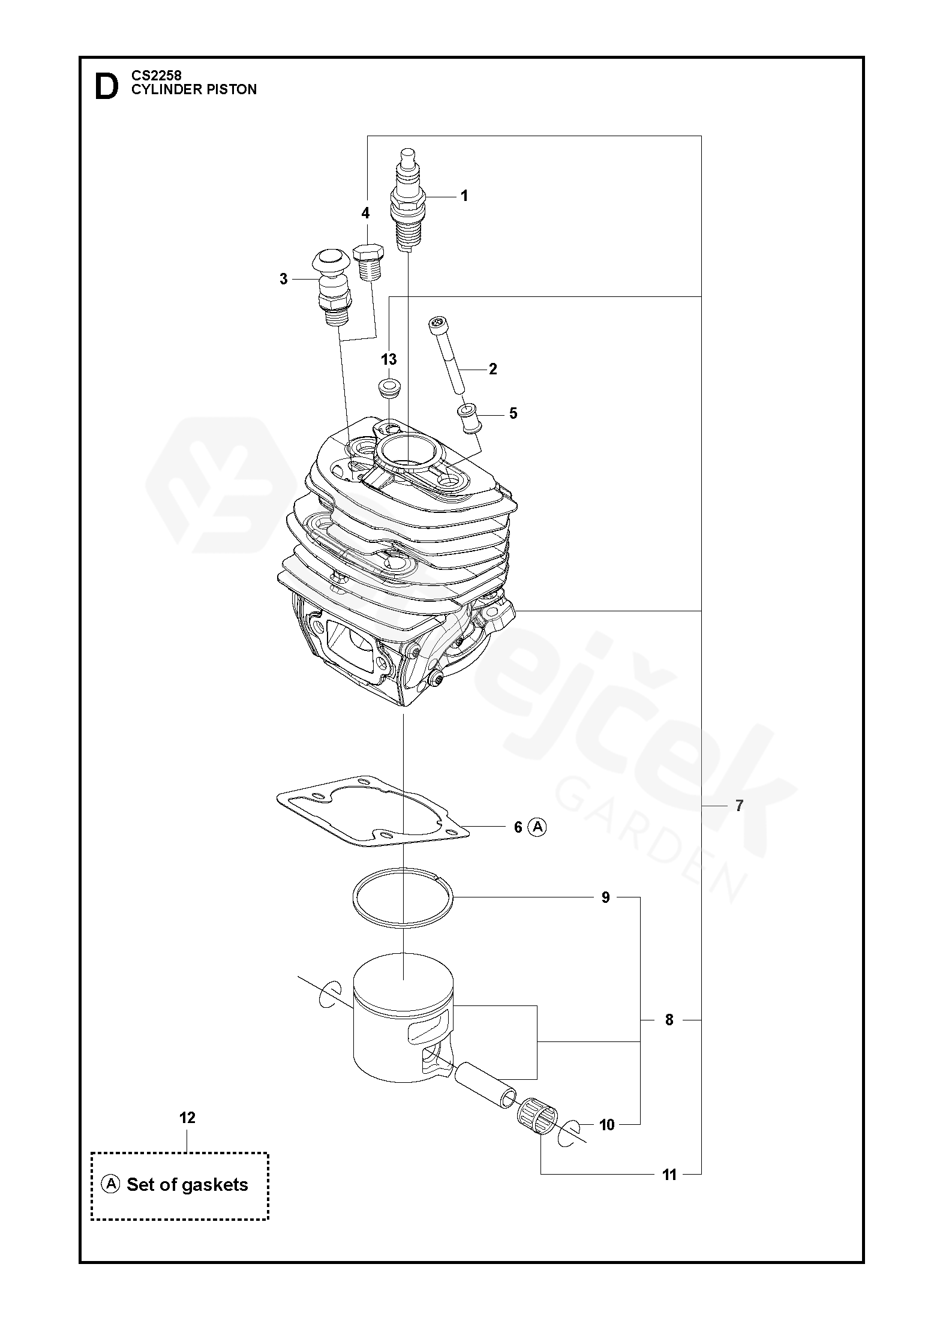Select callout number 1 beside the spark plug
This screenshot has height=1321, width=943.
coord(464,196)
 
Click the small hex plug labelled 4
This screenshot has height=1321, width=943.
coord(368,262)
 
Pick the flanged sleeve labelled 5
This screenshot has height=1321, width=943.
coord(469,418)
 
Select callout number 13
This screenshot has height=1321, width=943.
coord(389,359)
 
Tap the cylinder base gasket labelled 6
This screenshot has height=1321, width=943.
coord(372,810)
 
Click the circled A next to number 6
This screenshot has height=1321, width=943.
coord(537,827)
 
